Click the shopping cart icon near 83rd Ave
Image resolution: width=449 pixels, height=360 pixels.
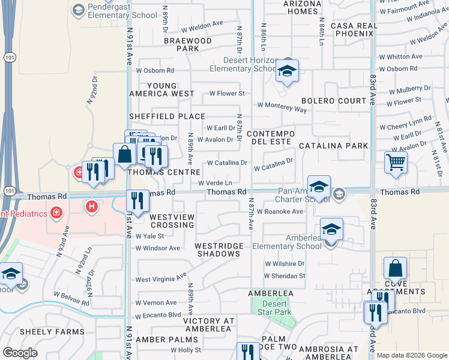(x=396, y=163)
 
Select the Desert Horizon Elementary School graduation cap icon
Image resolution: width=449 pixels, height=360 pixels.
(x=288, y=71)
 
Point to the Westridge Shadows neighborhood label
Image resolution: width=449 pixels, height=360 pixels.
(x=217, y=250)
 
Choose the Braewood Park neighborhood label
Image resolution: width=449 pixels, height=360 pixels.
(x=188, y=45)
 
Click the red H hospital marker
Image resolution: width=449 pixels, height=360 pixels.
(x=91, y=207)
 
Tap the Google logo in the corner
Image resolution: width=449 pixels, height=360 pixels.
(x=20, y=352)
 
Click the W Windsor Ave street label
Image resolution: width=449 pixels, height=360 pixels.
(x=158, y=248)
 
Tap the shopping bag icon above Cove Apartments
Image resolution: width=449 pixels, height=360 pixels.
(x=395, y=268)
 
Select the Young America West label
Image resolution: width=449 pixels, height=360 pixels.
(x=162, y=89)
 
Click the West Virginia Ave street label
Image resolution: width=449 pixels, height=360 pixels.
(x=161, y=279)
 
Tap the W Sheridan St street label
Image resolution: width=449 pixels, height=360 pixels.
(x=285, y=276)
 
